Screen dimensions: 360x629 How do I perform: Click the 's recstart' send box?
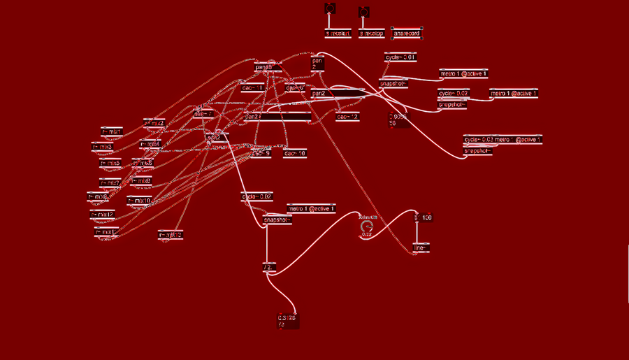click(x=338, y=33)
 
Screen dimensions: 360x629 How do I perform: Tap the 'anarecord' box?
click(x=407, y=33)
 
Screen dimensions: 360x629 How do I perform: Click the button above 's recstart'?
click(x=331, y=8)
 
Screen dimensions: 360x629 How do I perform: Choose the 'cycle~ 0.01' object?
click(x=400, y=57)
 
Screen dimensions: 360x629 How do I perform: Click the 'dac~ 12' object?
click(x=347, y=117)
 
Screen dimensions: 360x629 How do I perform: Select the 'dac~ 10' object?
click(x=294, y=152)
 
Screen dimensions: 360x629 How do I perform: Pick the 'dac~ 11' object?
click(x=252, y=88)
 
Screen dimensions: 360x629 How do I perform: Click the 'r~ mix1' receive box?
click(x=112, y=131)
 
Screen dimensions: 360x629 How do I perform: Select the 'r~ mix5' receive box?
click(x=110, y=163)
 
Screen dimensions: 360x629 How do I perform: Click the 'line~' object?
click(x=419, y=248)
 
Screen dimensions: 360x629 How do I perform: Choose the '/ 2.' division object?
click(x=269, y=267)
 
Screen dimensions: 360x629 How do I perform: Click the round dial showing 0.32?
click(x=366, y=226)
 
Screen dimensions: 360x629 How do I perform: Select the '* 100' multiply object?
click(x=423, y=218)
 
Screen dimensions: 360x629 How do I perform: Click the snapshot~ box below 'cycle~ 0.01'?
click(x=393, y=84)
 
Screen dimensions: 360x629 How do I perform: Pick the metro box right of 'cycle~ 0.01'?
click(x=463, y=73)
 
